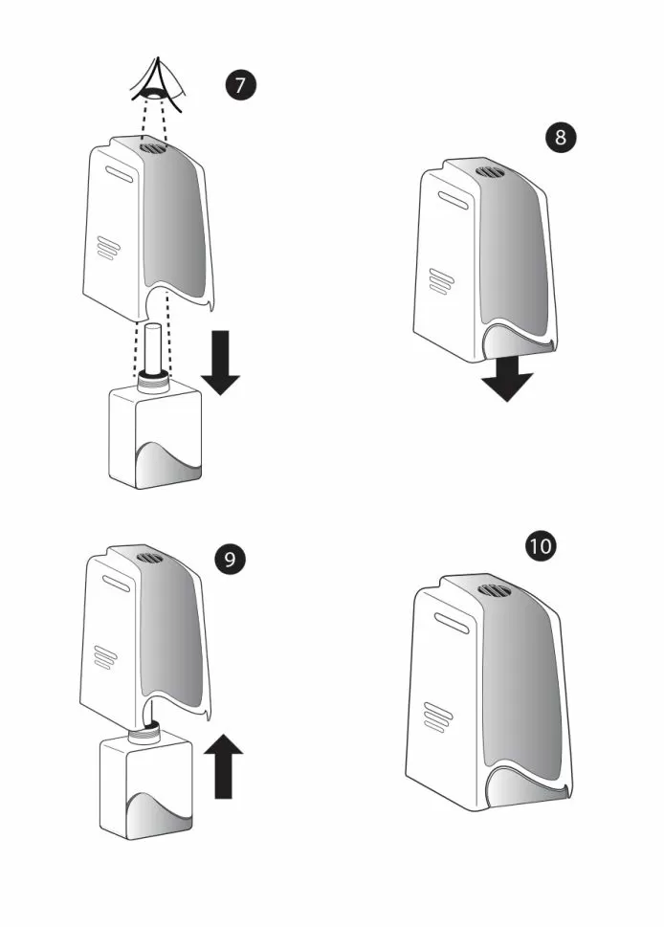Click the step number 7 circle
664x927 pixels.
(240, 85)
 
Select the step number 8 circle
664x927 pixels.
(560, 137)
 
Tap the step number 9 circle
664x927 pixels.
(230, 559)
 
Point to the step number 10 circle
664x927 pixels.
(541, 545)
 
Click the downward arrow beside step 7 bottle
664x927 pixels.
(221, 363)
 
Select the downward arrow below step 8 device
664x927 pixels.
(507, 380)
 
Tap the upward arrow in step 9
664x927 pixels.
(223, 765)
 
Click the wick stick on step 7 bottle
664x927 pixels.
(153, 348)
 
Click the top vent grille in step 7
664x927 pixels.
(154, 146)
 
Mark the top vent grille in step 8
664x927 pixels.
(489, 172)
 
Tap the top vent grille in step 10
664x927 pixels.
(492, 589)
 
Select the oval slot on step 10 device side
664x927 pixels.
(452, 623)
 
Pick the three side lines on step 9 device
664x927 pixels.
(106, 657)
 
